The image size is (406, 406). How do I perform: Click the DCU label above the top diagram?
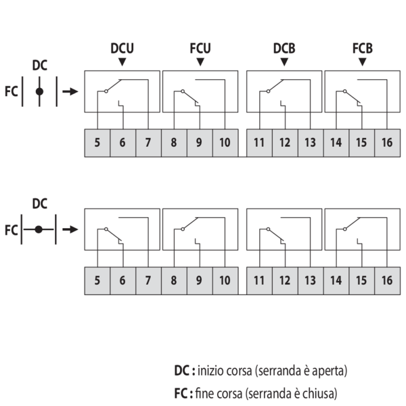122,49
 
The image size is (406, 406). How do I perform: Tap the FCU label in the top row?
200,49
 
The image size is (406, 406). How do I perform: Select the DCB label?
284,49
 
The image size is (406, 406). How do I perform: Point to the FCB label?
363,49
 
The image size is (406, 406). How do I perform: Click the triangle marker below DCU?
122,62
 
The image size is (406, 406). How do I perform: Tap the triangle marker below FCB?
363,62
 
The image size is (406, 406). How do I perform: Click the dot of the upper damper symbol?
40,91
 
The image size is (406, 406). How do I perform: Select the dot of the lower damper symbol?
39,229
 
